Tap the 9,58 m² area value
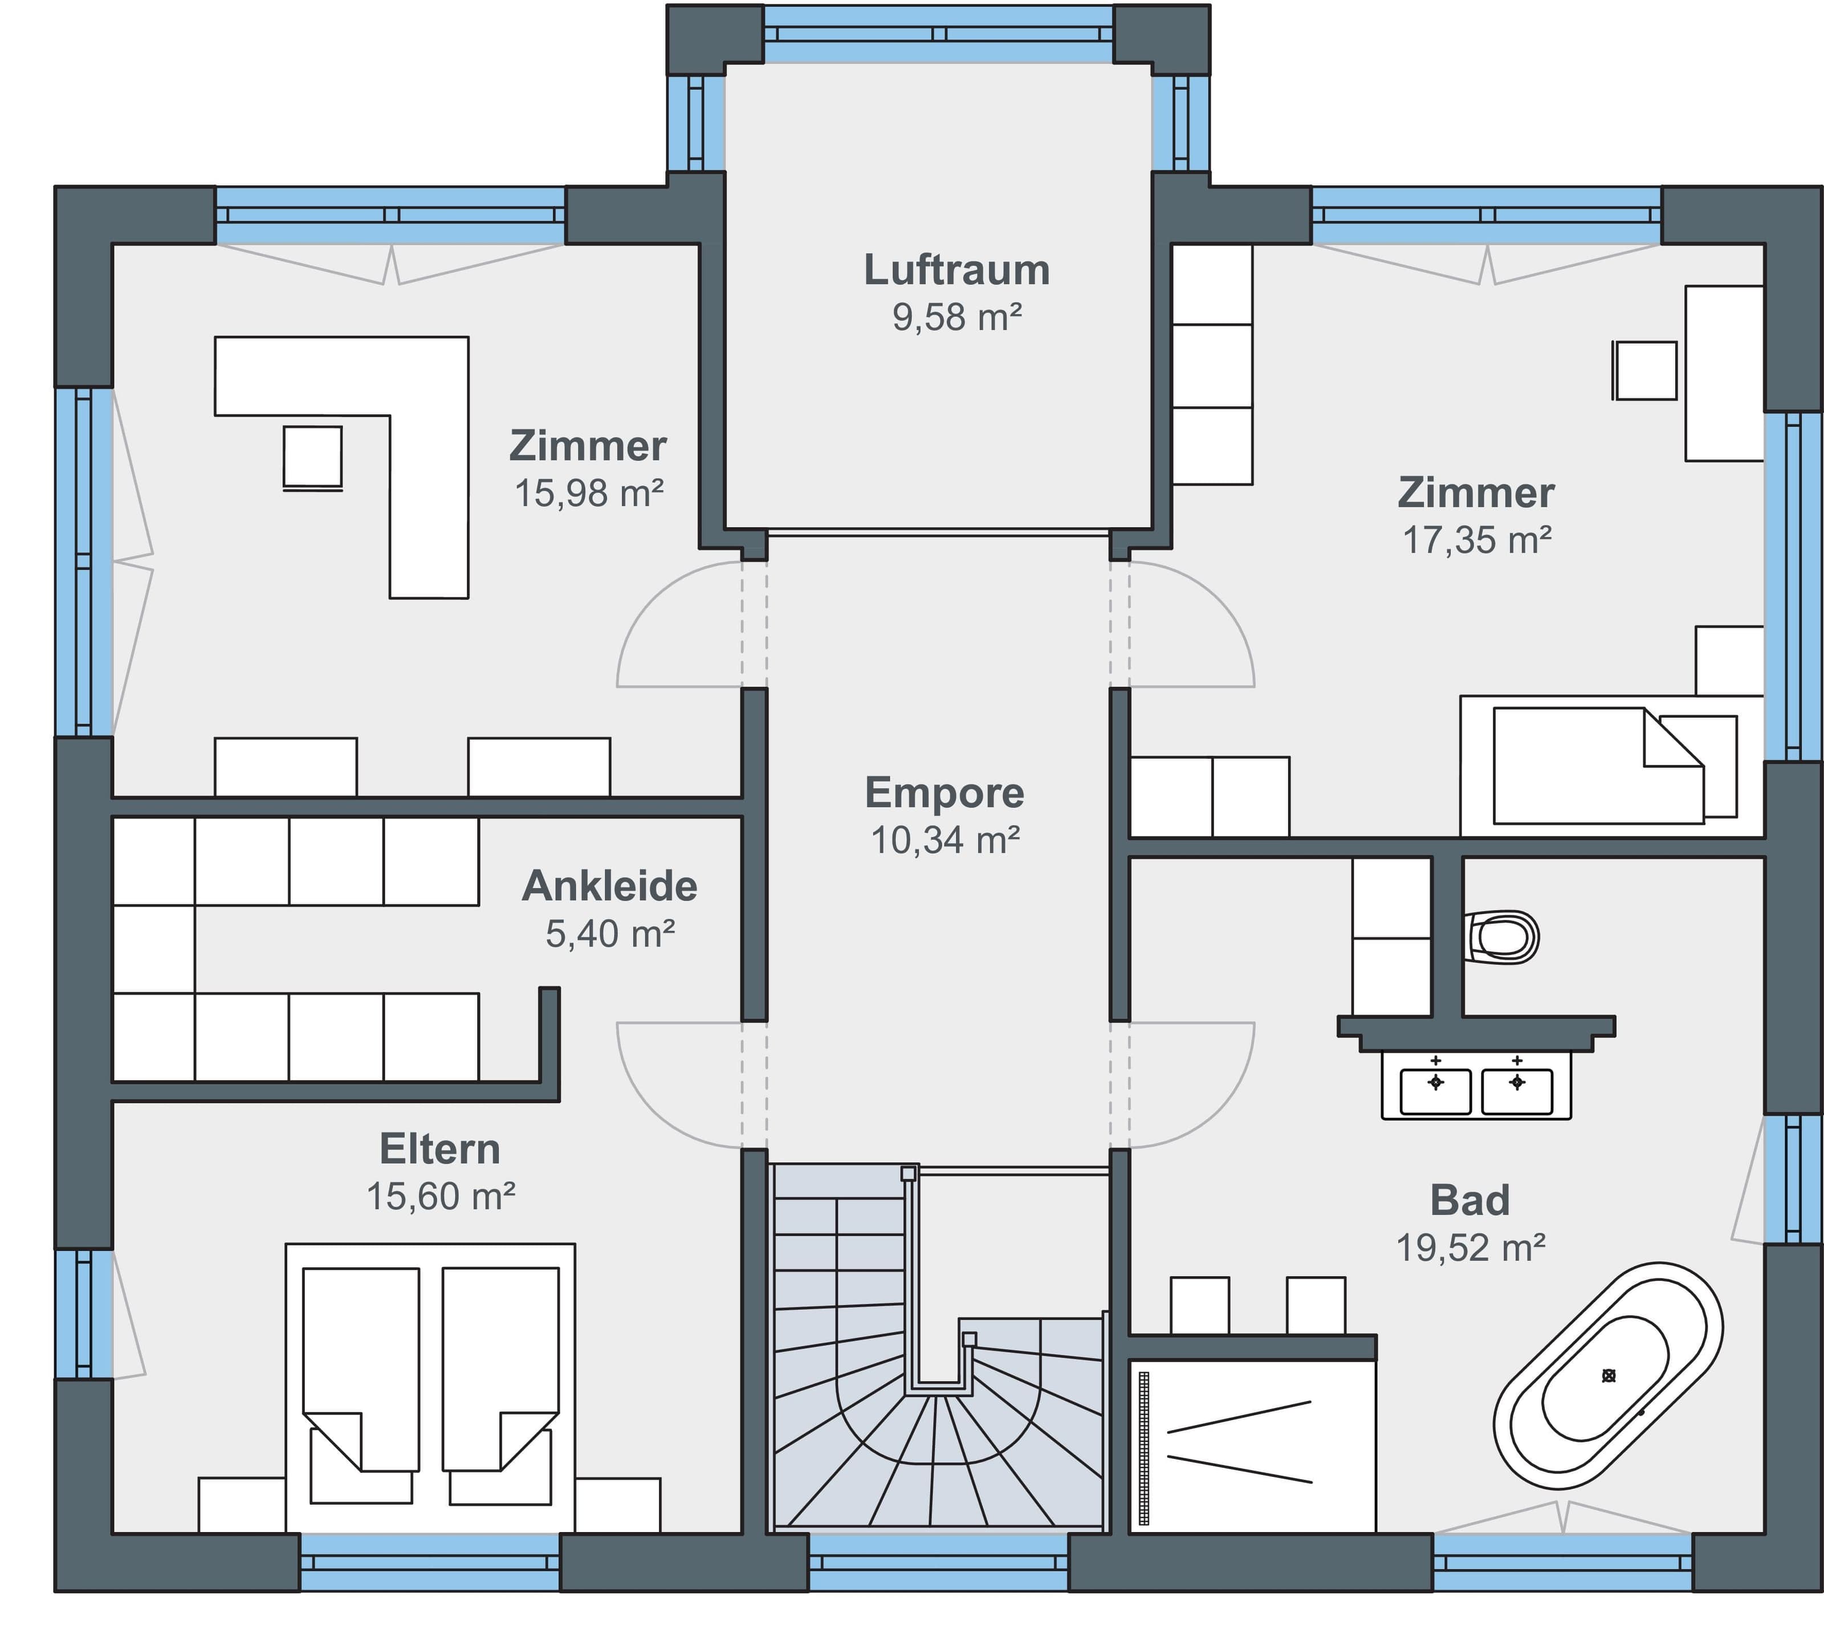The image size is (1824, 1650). point(956,317)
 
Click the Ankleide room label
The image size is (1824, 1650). point(610,886)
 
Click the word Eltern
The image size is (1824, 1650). point(439,1149)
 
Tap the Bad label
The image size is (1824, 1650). point(1470,1200)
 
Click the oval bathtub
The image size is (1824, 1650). point(1608,1376)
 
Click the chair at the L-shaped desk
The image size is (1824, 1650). point(312,458)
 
